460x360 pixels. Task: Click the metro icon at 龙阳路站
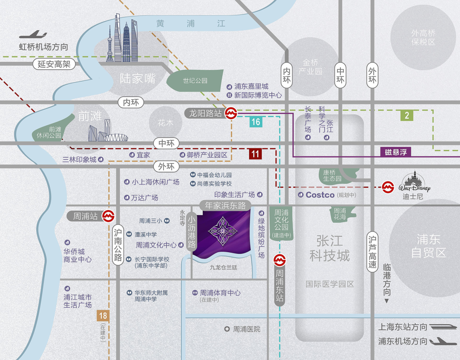point(231,113)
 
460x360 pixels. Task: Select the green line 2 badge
point(407,115)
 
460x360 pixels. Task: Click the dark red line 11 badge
point(255,154)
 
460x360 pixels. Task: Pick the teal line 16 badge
point(255,122)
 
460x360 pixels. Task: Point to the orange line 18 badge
point(103,316)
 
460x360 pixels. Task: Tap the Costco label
point(320,195)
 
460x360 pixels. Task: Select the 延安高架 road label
point(54,64)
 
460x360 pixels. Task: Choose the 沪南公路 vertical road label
point(118,245)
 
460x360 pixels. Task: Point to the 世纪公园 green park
point(195,81)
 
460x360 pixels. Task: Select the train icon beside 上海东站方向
point(440,327)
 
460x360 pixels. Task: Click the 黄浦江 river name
point(190,24)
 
